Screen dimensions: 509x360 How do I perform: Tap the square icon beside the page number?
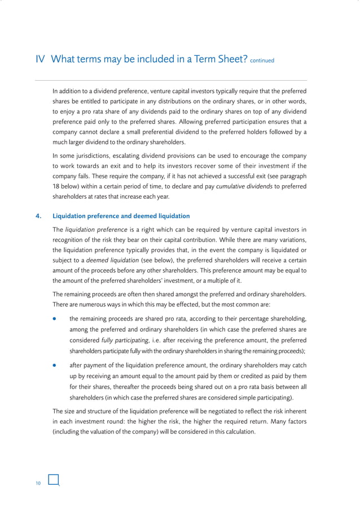tap(54, 480)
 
